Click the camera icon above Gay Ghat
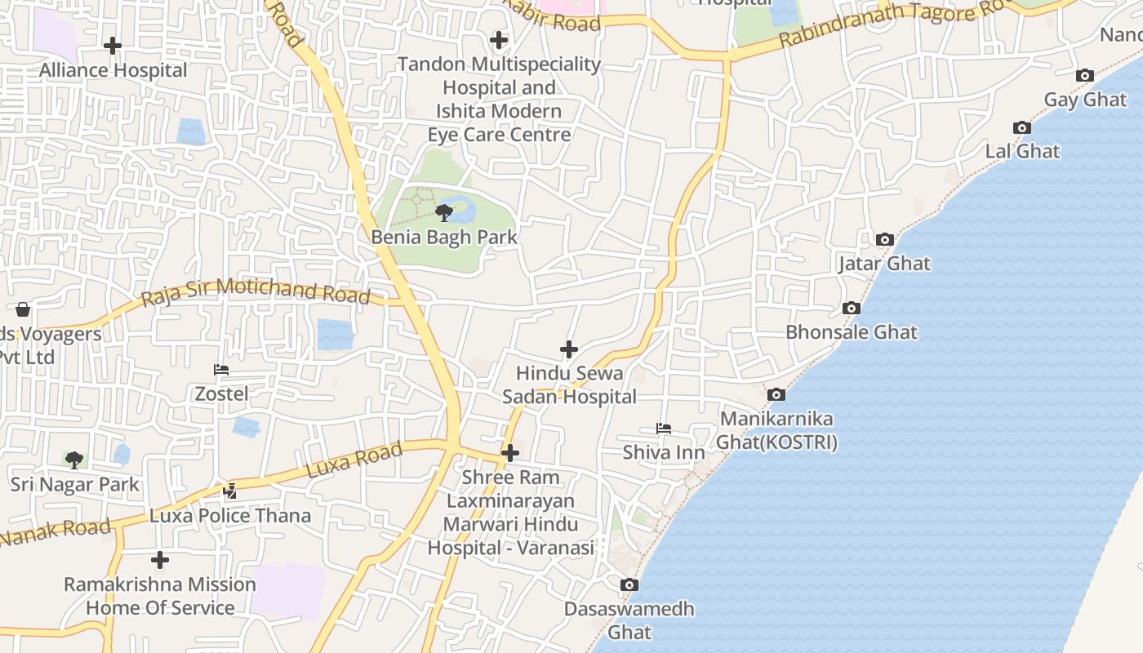(1085, 76)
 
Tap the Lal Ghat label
(1022, 151)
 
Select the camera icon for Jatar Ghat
(884, 240)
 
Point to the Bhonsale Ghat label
(851, 332)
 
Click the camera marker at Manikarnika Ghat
(776, 395)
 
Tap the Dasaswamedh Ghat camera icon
(629, 585)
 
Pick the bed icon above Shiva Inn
(664, 429)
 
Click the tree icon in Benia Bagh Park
(444, 213)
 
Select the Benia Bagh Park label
(444, 238)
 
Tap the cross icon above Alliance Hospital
(113, 46)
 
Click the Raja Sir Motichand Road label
(256, 291)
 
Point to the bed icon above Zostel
(221, 370)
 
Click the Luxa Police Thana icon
(230, 491)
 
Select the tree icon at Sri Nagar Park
(74, 460)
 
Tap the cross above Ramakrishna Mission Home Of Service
(160, 560)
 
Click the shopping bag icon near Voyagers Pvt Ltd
(23, 309)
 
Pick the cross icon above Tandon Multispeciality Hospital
(498, 39)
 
